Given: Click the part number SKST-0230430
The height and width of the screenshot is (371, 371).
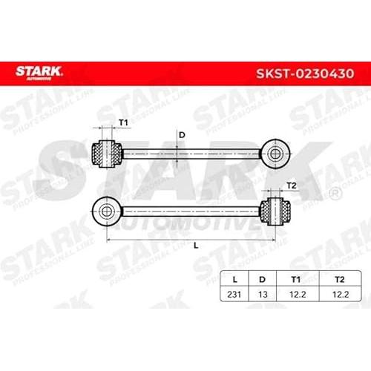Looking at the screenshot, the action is (x=305, y=73).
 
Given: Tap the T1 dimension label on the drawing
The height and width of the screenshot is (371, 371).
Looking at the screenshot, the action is (x=123, y=122).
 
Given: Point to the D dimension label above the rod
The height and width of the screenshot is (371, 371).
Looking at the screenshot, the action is (x=182, y=135).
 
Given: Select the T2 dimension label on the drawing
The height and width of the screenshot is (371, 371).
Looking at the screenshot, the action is (x=291, y=185).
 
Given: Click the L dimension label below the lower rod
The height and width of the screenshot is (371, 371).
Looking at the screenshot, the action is (x=196, y=246).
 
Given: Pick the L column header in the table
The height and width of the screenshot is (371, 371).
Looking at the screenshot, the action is (x=234, y=280).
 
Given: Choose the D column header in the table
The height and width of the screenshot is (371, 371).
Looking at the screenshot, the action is (x=262, y=280).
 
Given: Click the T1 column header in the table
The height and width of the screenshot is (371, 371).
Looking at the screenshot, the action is (x=296, y=280).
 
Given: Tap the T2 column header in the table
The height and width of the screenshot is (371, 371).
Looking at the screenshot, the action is (x=340, y=280).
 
